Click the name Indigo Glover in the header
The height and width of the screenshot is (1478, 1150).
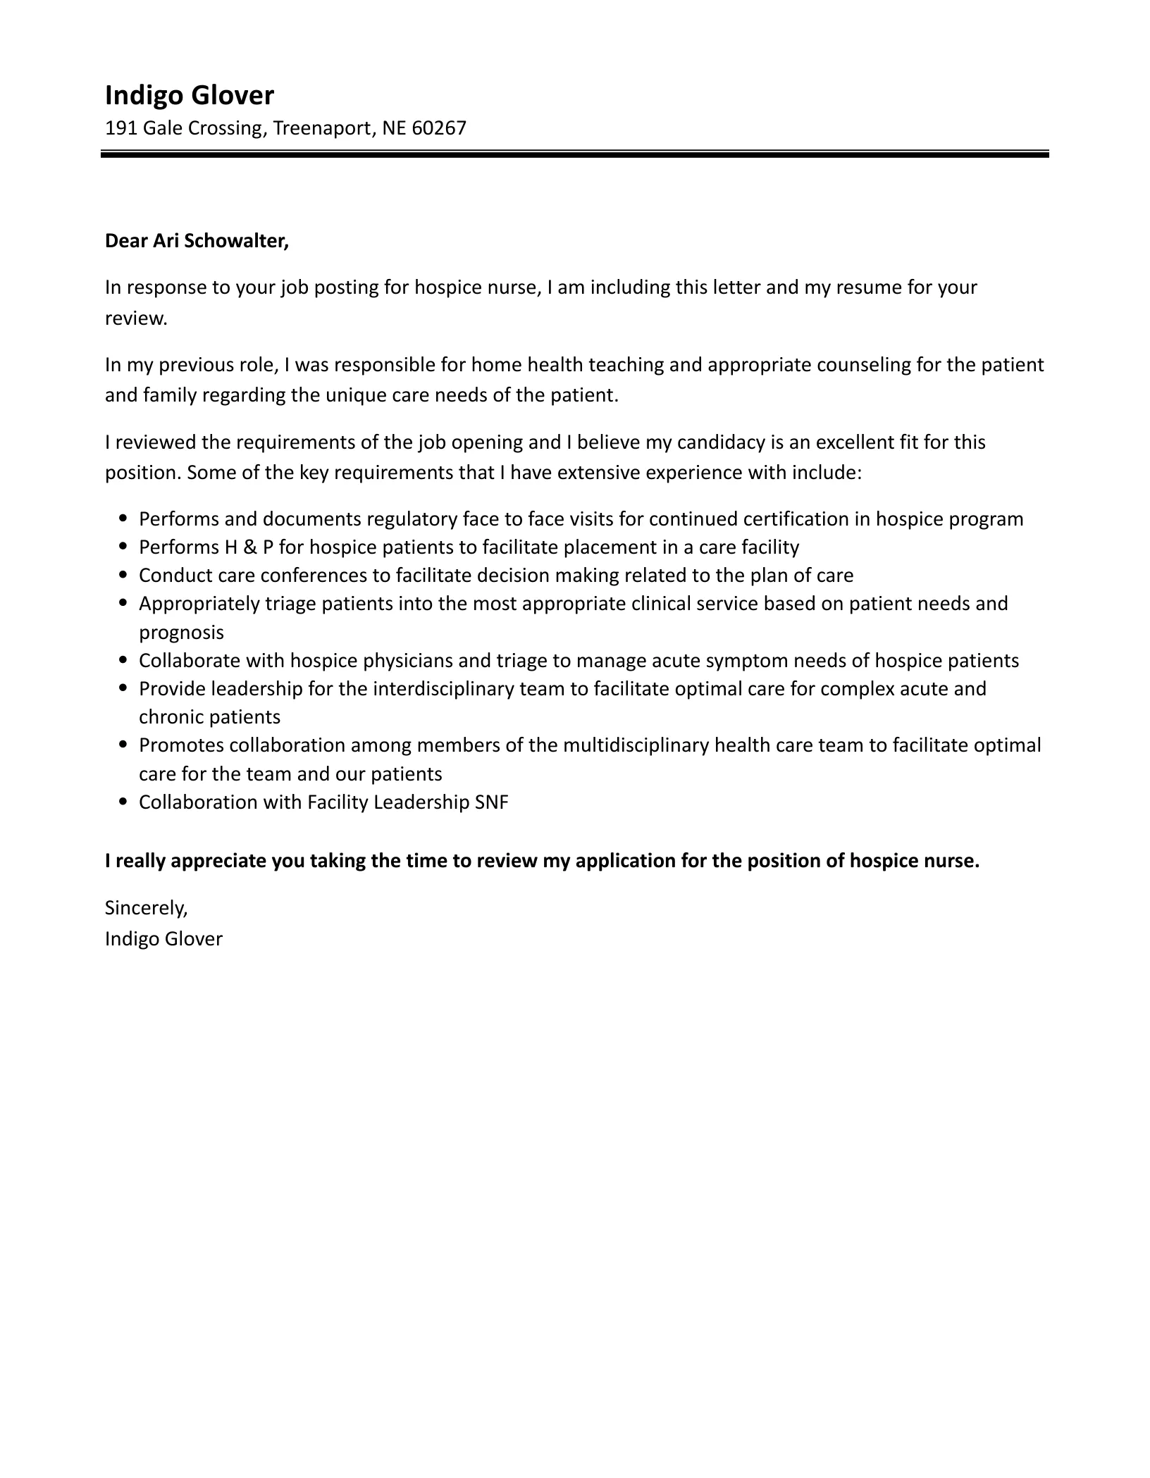tap(189, 95)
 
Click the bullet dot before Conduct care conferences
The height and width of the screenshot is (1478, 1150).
tap(124, 576)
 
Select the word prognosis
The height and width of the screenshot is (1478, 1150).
tap(181, 633)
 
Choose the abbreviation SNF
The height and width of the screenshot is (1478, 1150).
tap(492, 802)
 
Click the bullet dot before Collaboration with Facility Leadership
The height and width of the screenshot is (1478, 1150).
tap(124, 802)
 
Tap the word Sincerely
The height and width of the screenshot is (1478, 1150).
tap(146, 908)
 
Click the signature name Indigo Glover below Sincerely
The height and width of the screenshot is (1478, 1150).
tap(163, 939)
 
